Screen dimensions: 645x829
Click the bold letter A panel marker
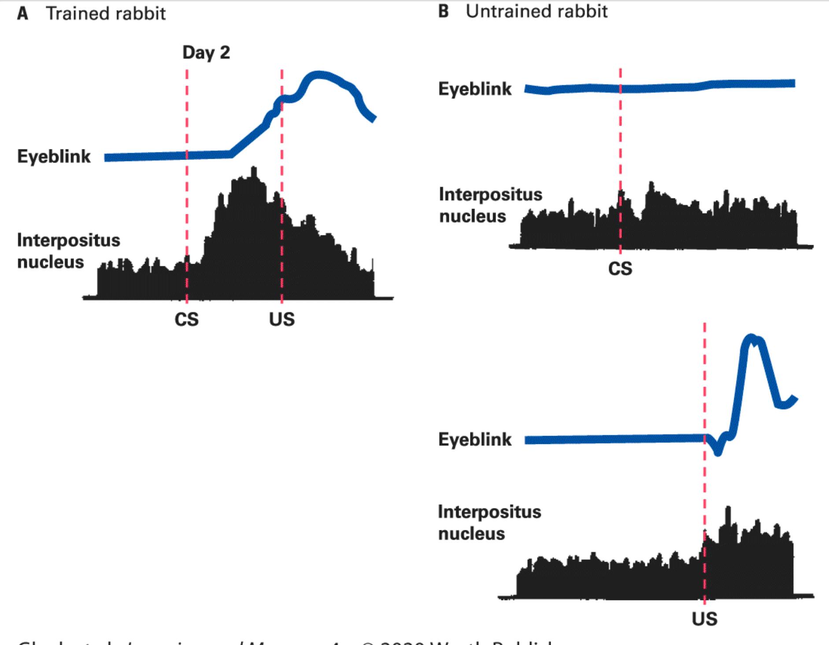coord(22,13)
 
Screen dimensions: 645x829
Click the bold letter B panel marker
coord(444,11)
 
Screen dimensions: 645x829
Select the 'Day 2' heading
coord(206,52)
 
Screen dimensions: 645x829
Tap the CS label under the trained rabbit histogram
coord(186,319)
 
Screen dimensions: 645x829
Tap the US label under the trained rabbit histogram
coord(282,319)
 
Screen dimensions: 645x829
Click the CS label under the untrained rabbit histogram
coord(620,268)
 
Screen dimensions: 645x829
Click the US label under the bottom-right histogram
coord(704,619)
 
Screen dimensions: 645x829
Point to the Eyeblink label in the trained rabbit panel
coord(54,157)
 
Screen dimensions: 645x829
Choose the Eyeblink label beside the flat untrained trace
coord(475,89)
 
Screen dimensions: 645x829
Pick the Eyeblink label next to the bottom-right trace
coord(475,440)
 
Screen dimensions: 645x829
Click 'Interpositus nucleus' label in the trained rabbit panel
coord(68,251)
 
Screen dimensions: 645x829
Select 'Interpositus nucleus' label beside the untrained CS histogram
coord(490,205)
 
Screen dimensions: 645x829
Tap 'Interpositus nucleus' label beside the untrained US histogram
coord(489,522)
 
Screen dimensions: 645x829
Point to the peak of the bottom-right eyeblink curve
coord(751,338)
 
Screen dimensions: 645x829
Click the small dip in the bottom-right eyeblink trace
coord(718,452)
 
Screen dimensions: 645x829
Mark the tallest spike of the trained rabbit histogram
coord(253,168)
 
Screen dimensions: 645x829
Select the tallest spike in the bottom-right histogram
coord(728,508)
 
